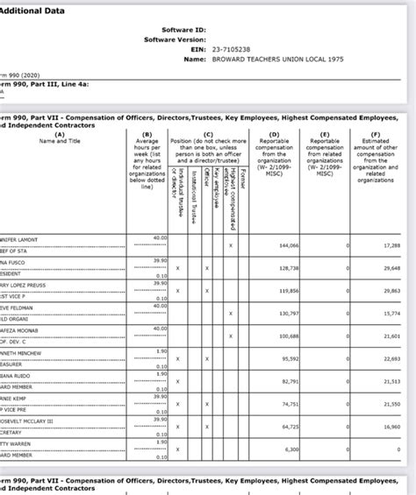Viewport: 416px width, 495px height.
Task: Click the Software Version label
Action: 172,39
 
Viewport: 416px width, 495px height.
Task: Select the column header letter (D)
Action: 274,134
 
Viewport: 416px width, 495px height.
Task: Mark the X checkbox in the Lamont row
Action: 231,246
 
